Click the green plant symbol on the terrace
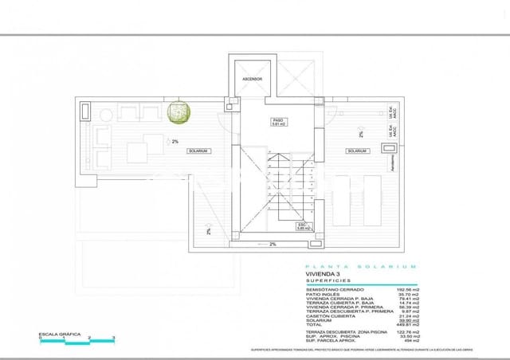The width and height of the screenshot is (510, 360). coord(180,112)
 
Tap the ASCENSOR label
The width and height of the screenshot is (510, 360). coord(252,80)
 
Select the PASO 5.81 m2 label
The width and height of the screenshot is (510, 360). coord(278,122)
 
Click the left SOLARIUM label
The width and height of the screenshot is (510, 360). coord(198,151)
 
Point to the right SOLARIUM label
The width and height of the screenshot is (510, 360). coord(357,151)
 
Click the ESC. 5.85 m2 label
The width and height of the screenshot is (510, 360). coord(303,226)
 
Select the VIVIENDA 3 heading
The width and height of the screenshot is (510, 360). coord(324,276)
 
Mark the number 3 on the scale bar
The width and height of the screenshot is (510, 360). coord(113,338)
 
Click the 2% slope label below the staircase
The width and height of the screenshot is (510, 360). coord(272,245)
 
